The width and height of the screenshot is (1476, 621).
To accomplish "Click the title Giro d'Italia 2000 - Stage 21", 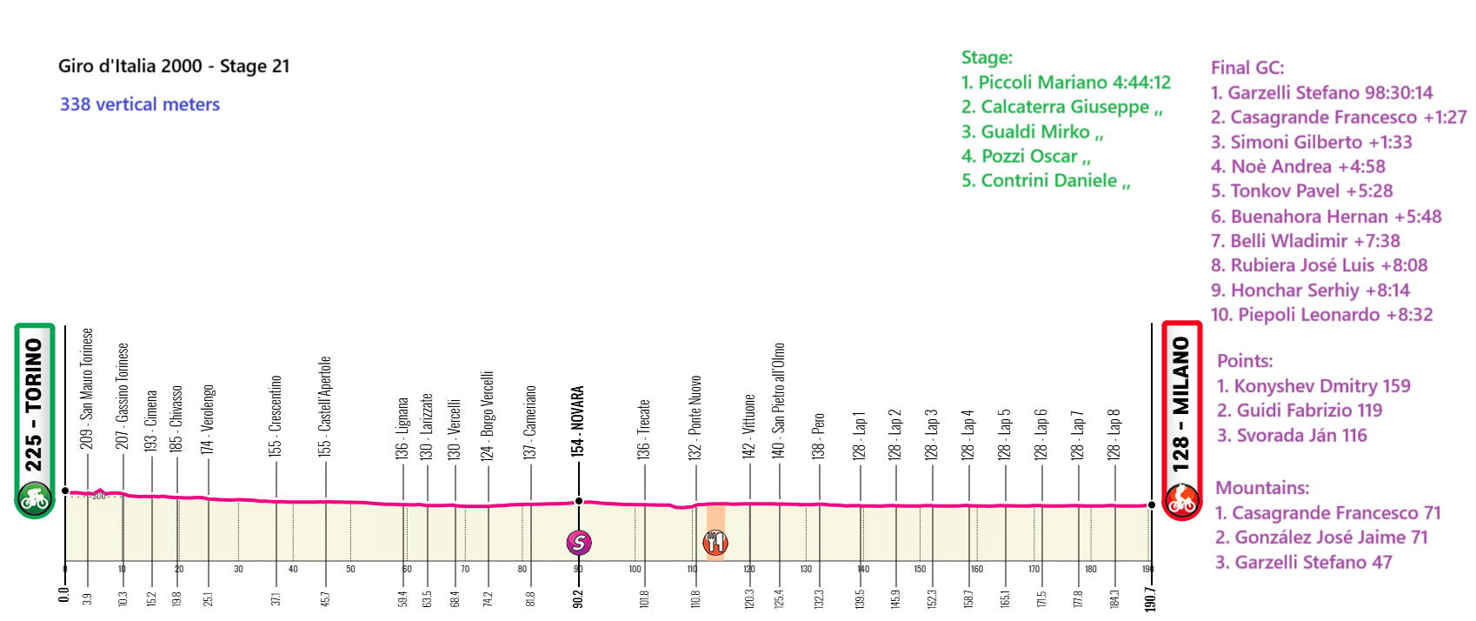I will [x=174, y=66].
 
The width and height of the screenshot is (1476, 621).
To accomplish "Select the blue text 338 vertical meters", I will [x=140, y=104].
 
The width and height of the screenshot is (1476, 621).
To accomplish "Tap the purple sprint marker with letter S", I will [x=579, y=543].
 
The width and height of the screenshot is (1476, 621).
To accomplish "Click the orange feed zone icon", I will [x=715, y=543].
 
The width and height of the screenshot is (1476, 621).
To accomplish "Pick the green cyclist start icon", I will [x=35, y=499].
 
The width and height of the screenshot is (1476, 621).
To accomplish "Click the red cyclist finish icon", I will [x=1182, y=500].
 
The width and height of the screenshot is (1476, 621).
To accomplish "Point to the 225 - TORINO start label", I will [x=34, y=404].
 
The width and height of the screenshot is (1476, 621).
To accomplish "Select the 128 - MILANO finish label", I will [x=1181, y=404].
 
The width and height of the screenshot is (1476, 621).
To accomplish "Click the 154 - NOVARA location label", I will [x=578, y=421].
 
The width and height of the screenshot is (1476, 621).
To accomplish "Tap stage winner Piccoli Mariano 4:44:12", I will [x=1066, y=83].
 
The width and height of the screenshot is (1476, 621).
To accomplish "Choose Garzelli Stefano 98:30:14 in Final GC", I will [x=1321, y=93].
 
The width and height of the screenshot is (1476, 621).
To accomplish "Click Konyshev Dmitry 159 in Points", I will [x=1313, y=386].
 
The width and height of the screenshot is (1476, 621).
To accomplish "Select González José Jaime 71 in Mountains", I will [x=1321, y=538].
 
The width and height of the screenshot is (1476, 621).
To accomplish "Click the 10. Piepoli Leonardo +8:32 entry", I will [x=1321, y=315].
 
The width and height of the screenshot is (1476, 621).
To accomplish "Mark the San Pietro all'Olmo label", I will [x=779, y=400].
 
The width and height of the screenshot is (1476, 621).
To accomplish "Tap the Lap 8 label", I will [x=1114, y=434].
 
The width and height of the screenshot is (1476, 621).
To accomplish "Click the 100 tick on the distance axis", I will [x=635, y=569].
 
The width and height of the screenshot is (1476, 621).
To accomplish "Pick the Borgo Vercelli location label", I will [x=488, y=415].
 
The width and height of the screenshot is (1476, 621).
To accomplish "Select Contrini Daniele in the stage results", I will [x=1046, y=181].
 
